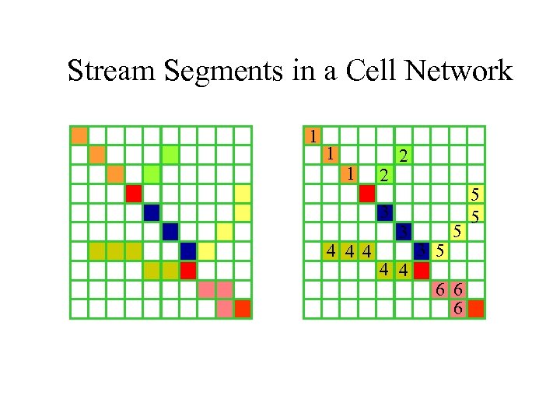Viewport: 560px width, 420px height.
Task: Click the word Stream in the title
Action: tap(105, 71)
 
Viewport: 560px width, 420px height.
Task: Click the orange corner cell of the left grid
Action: tap(79, 135)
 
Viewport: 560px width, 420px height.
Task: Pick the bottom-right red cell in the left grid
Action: tap(243, 309)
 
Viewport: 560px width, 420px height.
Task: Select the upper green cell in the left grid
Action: tap(170, 154)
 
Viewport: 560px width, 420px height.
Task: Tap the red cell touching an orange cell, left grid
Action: tap(134, 193)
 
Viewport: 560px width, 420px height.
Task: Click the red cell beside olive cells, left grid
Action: tap(187, 271)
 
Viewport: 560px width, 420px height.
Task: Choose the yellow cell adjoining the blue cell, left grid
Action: tap(206, 251)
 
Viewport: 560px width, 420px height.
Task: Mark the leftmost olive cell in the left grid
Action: tap(97, 251)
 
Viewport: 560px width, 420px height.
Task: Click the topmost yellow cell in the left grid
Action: tap(243, 193)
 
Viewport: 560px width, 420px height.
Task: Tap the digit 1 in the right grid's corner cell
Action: tap(312, 135)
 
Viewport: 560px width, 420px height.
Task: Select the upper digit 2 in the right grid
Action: tap(402, 156)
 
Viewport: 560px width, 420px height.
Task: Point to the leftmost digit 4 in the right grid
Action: tap(331, 251)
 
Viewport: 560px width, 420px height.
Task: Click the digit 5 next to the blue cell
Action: tap(440, 251)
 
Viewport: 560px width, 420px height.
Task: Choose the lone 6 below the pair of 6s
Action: tap(459, 309)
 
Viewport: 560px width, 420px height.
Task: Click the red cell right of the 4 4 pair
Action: tap(422, 271)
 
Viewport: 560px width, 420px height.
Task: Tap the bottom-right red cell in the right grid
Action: tap(476, 309)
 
